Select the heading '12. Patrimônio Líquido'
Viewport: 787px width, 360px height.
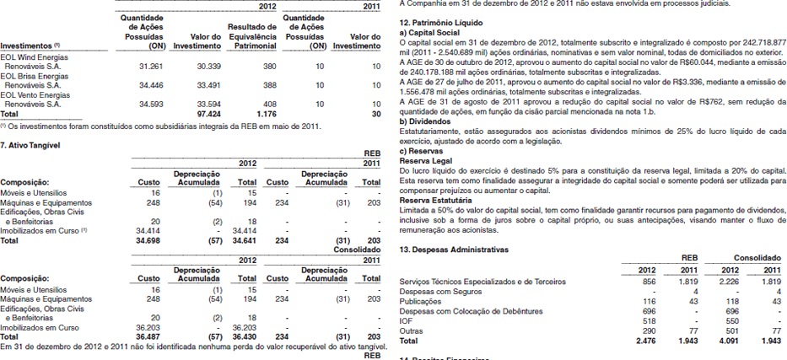(439, 22)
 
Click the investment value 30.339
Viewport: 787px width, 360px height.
(208, 65)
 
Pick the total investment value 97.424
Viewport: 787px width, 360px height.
(208, 113)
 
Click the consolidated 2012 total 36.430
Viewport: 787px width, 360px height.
(245, 336)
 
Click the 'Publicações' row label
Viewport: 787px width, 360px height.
(419, 301)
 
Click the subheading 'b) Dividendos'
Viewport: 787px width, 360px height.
(426, 121)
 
